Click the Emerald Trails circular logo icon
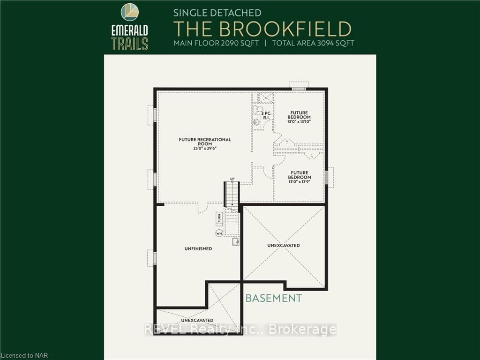click(130, 12)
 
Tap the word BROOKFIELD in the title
click(285, 29)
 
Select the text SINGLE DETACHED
click(217, 13)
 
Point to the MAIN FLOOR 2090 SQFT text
click(216, 43)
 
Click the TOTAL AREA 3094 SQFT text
click(313, 43)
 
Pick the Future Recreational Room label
click(205, 142)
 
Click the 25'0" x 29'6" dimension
click(205, 149)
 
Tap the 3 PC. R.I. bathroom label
click(266, 115)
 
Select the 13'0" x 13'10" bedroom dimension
click(299, 121)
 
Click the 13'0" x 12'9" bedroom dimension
click(300, 181)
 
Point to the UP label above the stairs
click(232, 179)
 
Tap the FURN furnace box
click(219, 218)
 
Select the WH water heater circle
click(219, 233)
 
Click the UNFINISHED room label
click(198, 248)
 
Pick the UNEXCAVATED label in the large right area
click(284, 245)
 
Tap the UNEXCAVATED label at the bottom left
click(197, 320)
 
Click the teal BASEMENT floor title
click(274, 298)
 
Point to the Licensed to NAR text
click(24, 355)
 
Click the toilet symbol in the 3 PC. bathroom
click(257, 110)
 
